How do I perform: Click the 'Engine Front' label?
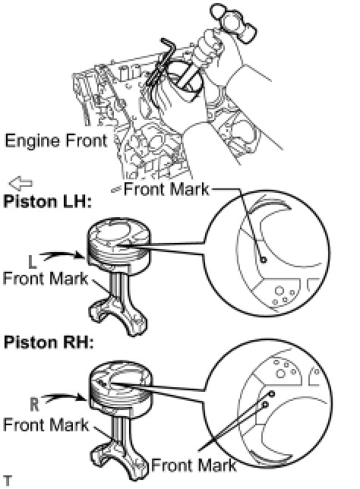pos(56,141)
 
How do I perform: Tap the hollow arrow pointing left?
pos(21,183)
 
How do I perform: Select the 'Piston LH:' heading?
pos(47,201)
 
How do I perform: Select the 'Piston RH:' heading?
pos(49,342)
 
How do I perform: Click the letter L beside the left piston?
pos(32,261)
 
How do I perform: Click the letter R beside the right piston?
pos(34,404)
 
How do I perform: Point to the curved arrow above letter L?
pos(62,255)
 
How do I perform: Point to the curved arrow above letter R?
pos(64,397)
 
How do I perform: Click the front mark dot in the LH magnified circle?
pos(264,259)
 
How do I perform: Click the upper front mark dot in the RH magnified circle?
pos(271,394)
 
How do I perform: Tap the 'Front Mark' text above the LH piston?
pos(166,189)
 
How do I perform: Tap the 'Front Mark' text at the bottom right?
pos(194,465)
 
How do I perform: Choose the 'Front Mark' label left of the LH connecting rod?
pos(46,278)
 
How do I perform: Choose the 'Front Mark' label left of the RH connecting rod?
pos(46,424)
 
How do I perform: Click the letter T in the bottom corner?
pos(7,481)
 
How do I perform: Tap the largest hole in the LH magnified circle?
pos(279,291)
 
